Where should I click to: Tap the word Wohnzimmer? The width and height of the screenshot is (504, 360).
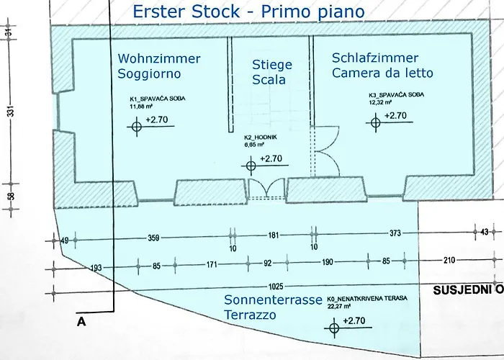click(x=159, y=58)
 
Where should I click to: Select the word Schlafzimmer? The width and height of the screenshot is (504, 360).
click(x=374, y=57)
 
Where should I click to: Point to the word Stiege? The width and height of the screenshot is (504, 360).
click(x=272, y=64)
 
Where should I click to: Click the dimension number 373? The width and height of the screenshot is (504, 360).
click(x=394, y=233)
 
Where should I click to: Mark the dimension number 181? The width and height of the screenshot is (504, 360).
click(x=273, y=235)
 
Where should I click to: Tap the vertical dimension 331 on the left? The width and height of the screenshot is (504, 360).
click(x=8, y=112)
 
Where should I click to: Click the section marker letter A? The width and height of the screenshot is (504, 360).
click(x=81, y=323)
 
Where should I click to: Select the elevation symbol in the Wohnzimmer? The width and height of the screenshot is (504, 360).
click(x=138, y=127)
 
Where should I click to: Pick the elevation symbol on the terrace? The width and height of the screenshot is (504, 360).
click(x=334, y=328)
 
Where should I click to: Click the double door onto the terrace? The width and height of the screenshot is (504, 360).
click(x=266, y=189)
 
